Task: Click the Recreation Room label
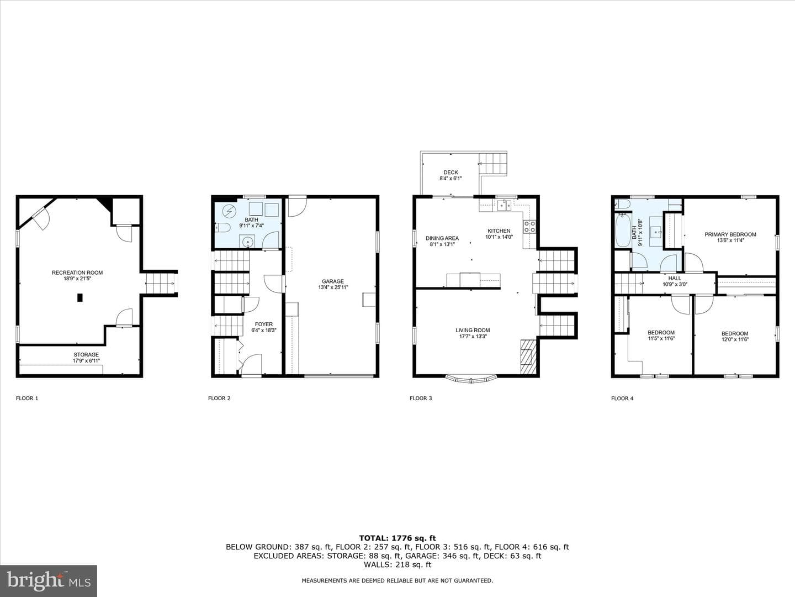[x=77, y=273]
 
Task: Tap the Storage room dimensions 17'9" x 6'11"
[x=86, y=360]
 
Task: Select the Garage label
[x=333, y=281]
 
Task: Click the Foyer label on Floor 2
[x=264, y=324]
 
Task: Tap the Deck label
[x=451, y=172]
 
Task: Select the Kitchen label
[x=499, y=231]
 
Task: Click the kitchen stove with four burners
[x=529, y=227]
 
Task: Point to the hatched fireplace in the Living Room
[x=528, y=357]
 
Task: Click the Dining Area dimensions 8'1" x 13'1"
[x=442, y=244]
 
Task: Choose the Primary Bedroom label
[x=730, y=234]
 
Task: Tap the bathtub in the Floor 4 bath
[x=623, y=230]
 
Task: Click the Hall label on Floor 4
[x=675, y=279]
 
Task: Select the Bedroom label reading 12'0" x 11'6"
[x=735, y=334]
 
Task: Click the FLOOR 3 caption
[x=421, y=398]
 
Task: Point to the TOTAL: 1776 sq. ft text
[x=397, y=538]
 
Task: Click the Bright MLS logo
[x=49, y=580]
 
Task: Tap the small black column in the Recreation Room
[x=80, y=297]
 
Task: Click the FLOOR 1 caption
[x=27, y=398]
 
